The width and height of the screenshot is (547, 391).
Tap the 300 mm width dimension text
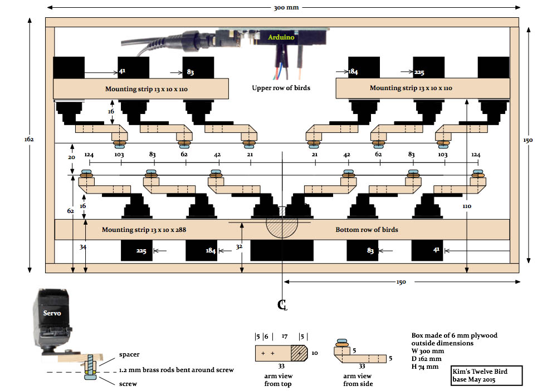coord(284,8)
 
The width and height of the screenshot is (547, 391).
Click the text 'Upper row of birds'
coord(281,88)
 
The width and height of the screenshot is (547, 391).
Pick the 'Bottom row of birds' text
coord(367,229)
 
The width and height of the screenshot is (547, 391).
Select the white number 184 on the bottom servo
coord(211,251)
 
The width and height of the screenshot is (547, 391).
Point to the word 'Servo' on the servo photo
coord(53,313)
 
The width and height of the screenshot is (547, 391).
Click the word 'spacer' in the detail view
coord(129,354)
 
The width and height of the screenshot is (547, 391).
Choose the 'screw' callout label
coord(128,383)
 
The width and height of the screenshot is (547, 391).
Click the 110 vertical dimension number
coord(467,206)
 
